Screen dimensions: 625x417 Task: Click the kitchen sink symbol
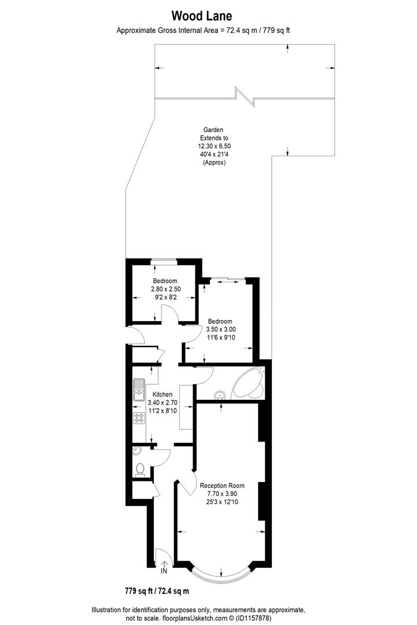coord(139,389)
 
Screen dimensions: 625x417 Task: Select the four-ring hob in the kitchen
coord(139,418)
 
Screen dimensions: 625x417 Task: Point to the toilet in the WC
coord(139,470)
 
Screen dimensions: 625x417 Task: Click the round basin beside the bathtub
coord(219,396)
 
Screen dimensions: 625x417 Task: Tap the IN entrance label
coord(164,571)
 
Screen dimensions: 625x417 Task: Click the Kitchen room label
coord(162,394)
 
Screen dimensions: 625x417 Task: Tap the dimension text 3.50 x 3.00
coord(220,329)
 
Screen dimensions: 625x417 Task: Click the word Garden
coord(213,130)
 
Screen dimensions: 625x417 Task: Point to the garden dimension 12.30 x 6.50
coord(214,146)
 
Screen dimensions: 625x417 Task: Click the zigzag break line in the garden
coord(245,96)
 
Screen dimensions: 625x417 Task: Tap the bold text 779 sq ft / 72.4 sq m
coord(157,591)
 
